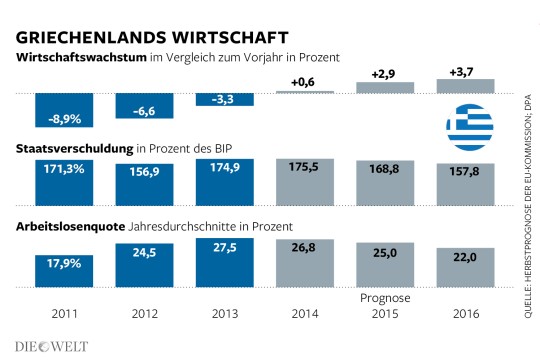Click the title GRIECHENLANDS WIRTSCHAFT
tap(152, 38)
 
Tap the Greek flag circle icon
tap(470, 127)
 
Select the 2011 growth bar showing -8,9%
tap(64, 110)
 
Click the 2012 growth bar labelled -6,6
tap(144, 106)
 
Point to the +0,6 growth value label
tap(303, 82)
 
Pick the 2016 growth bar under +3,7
tap(466, 86)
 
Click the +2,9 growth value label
tap(383, 74)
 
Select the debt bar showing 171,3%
tap(64, 183)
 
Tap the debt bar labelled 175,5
tap(305, 182)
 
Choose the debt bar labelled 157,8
tap(466, 185)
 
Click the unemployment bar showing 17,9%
tap(64, 271)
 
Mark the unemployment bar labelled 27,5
tap(225, 263)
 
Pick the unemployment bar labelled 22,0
tap(466, 267)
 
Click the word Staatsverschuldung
tap(74, 149)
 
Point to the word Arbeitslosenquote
tap(70, 227)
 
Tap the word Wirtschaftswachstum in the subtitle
tap(81, 57)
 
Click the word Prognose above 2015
tap(385, 298)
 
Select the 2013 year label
tap(225, 314)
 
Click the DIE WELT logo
tap(51, 347)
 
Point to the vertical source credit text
tap(528, 207)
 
